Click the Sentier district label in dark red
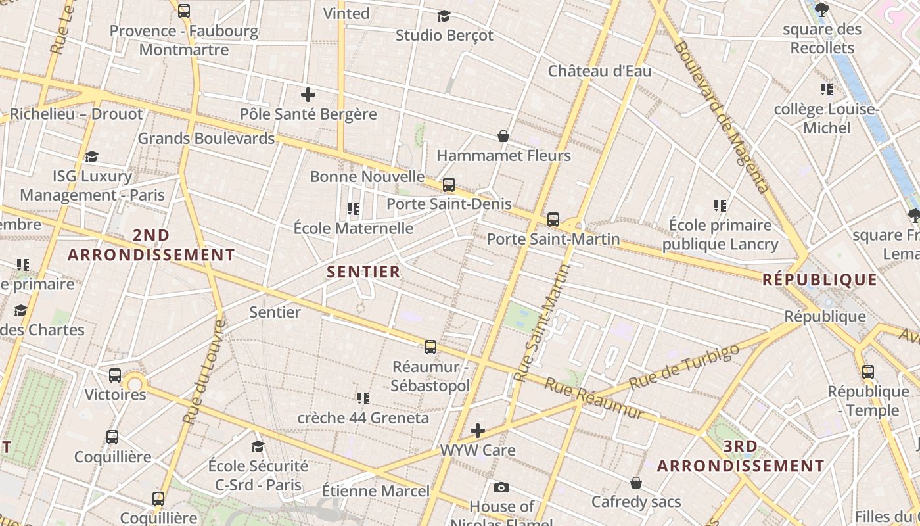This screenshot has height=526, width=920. [x=363, y=272]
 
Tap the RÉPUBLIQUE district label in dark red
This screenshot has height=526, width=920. [x=819, y=280]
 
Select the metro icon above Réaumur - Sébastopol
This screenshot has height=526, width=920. [x=430, y=347]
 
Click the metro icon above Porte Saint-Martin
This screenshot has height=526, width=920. [x=553, y=219]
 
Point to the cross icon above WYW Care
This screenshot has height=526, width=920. [x=478, y=431]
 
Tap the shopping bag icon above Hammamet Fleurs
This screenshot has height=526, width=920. [x=503, y=136]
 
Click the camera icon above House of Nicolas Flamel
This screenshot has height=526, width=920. [x=501, y=487]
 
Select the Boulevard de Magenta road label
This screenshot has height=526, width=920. [x=721, y=117]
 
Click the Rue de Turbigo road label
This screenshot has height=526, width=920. [x=684, y=366]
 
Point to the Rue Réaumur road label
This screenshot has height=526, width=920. [x=595, y=398]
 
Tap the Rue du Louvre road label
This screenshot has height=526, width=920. [x=203, y=371]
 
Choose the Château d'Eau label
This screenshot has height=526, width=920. [x=599, y=70]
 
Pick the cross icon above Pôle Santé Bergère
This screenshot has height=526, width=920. [x=308, y=95]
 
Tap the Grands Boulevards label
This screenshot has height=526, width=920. [x=206, y=139]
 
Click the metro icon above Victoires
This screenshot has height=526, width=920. [x=115, y=375]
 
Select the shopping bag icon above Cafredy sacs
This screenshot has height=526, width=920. [x=635, y=483]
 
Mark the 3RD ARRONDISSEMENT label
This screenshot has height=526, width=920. [x=741, y=456]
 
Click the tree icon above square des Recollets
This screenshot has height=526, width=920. [x=821, y=10]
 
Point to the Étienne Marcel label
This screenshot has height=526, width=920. [x=375, y=491]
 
